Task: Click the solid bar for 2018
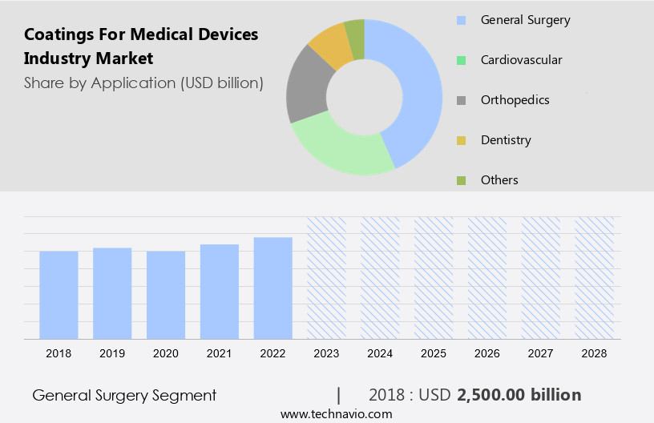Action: pos(59,295)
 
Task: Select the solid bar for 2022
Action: pos(272,288)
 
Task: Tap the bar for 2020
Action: pos(166,295)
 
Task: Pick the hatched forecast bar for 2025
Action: pos(434,277)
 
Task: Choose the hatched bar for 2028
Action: pos(594,277)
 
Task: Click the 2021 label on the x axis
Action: pos(220,353)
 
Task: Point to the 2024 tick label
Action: pos(380,353)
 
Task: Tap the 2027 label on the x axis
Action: pos(540,353)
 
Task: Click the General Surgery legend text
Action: pos(525,19)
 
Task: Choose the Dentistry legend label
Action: pos(506,140)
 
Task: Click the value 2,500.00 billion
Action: pos(519,395)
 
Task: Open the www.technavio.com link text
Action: pos(336,413)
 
